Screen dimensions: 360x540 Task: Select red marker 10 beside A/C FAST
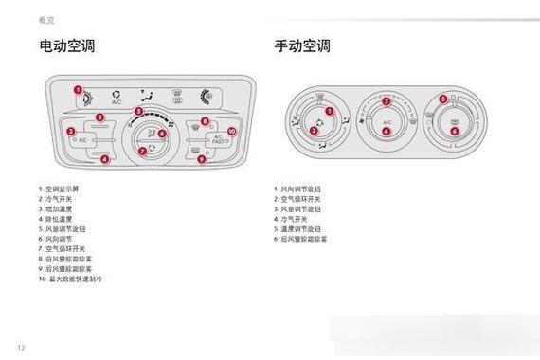click(232, 132)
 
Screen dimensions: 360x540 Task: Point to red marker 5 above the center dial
click(139, 111)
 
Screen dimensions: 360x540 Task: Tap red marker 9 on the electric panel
click(201, 159)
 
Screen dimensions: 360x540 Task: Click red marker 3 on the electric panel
click(99, 117)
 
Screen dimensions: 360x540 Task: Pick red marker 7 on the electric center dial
click(142, 152)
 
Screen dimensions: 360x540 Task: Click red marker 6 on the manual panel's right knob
click(455, 132)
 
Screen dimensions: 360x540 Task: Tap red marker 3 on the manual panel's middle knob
click(386, 99)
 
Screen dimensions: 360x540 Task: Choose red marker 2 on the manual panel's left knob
click(314, 132)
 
